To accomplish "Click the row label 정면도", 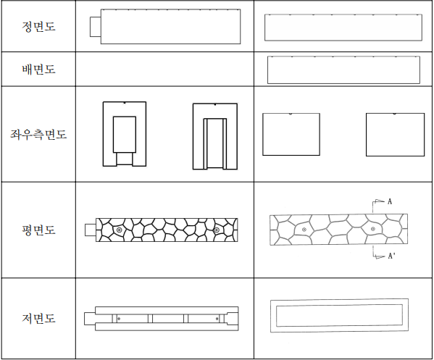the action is (x=38, y=27).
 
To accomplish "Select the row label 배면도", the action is (x=38, y=69).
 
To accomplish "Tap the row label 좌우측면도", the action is (x=38, y=134).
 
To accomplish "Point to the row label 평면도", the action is (x=38, y=230).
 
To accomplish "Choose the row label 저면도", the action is (x=38, y=318).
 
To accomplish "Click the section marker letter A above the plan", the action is (x=390, y=201).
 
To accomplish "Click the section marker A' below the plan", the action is (x=391, y=256).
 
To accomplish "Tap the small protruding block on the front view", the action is (x=96, y=27).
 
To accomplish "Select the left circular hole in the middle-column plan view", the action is (x=120, y=230).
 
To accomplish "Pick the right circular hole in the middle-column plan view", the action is (x=217, y=230).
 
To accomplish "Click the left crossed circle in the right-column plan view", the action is (x=304, y=230).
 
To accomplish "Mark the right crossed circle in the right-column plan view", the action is (x=373, y=229).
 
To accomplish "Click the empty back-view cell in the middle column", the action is (x=164, y=69).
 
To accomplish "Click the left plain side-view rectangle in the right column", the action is (x=291, y=134).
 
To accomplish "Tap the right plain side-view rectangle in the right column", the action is (x=396, y=135).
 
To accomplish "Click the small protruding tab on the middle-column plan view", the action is (x=91, y=230).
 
